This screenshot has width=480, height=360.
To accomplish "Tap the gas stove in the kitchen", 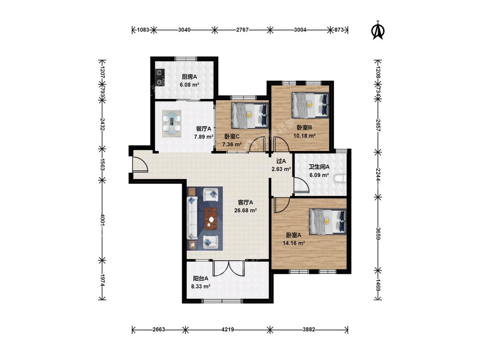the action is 160,77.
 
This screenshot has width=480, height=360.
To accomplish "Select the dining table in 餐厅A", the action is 172,123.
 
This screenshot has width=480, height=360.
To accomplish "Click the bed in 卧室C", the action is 250,116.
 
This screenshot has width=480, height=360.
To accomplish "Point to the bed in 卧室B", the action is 310,105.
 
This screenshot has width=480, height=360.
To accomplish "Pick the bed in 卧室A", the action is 328,222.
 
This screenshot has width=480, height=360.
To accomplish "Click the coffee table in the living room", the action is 211,218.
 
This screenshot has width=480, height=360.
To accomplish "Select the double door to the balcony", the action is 229,268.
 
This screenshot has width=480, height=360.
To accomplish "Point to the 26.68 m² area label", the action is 245,210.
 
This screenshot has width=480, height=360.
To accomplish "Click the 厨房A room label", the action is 189,76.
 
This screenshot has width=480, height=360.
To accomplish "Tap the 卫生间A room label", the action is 319,167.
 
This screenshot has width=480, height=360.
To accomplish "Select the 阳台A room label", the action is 201,278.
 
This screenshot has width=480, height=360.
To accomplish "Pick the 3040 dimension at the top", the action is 184,30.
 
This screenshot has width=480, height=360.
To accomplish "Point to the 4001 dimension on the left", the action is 102,220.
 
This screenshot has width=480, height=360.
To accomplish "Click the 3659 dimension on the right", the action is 378,234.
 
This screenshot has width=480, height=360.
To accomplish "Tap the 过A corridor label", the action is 281,161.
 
